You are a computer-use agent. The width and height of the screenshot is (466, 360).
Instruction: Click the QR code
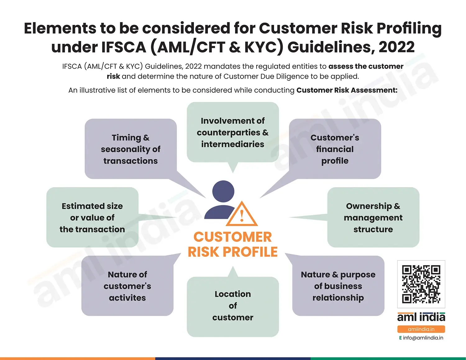(421, 284)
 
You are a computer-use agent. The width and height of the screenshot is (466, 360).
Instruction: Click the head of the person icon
(223, 191)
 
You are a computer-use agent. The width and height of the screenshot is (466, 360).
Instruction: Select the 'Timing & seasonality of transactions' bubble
(130, 149)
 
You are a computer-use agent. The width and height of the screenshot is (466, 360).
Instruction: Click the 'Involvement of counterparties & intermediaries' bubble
(233, 132)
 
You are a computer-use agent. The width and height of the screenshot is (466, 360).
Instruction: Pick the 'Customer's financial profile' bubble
(335, 149)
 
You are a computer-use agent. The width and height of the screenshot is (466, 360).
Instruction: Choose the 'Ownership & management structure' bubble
(373, 217)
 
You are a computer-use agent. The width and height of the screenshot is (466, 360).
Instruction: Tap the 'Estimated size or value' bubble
(92, 217)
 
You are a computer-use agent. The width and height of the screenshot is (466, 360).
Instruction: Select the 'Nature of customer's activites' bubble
(127, 286)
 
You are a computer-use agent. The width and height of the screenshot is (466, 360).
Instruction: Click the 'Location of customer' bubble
(233, 306)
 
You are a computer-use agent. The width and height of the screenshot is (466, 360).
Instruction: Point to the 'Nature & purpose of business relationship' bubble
(338, 286)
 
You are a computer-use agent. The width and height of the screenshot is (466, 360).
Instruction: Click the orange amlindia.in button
(421, 329)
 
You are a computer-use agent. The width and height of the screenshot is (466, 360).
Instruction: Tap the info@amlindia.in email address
(423, 338)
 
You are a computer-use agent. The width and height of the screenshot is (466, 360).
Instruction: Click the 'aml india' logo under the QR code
(421, 317)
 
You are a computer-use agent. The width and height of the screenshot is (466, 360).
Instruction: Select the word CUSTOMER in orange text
(233, 237)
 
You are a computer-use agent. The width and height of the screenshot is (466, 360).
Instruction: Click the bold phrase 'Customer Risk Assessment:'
(347, 90)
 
